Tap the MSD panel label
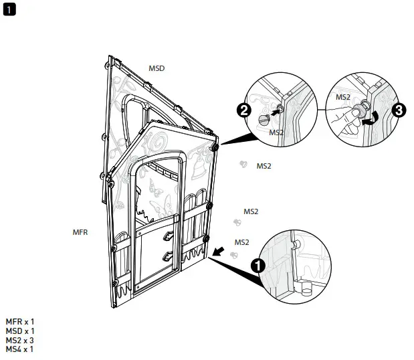click(157, 68)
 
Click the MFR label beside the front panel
click(80, 232)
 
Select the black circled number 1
click(256, 266)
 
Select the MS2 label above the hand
click(343, 96)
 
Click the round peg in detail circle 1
click(306, 290)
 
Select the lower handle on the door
click(168, 255)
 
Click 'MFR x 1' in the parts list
click(20, 322)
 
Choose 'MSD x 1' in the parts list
click(20, 331)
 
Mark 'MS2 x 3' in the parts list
click(20, 340)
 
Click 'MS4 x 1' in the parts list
click(20, 349)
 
